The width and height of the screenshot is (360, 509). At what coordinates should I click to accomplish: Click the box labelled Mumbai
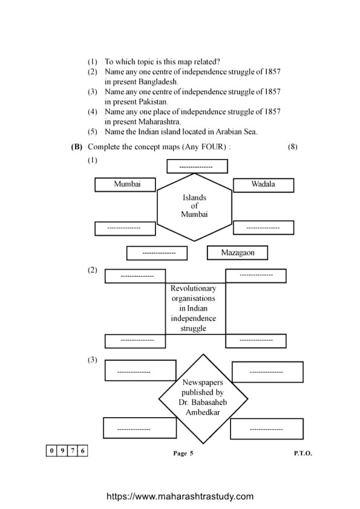click(125, 184)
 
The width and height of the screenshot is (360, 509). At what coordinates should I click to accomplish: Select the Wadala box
click(263, 184)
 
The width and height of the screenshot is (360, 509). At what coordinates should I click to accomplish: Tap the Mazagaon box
click(237, 253)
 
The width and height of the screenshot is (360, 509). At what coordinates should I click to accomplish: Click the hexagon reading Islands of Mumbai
click(194, 206)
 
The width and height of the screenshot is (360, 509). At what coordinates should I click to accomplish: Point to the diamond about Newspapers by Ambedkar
click(203, 398)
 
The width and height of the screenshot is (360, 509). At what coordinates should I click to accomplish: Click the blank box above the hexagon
click(197, 166)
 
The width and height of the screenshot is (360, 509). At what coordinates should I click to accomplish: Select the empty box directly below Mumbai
click(125, 228)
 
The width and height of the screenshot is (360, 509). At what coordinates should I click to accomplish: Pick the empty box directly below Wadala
click(263, 228)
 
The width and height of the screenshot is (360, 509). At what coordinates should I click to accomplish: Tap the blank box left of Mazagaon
click(159, 253)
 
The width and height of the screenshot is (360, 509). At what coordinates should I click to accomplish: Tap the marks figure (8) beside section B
click(293, 146)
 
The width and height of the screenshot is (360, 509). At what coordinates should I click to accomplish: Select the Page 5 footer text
click(183, 453)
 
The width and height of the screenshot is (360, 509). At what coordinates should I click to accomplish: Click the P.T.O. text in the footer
click(303, 453)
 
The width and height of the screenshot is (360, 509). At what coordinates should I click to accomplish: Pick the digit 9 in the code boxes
click(62, 450)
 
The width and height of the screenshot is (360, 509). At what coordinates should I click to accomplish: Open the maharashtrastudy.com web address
click(180, 496)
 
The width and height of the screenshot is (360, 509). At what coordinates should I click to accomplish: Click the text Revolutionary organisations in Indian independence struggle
click(193, 308)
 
